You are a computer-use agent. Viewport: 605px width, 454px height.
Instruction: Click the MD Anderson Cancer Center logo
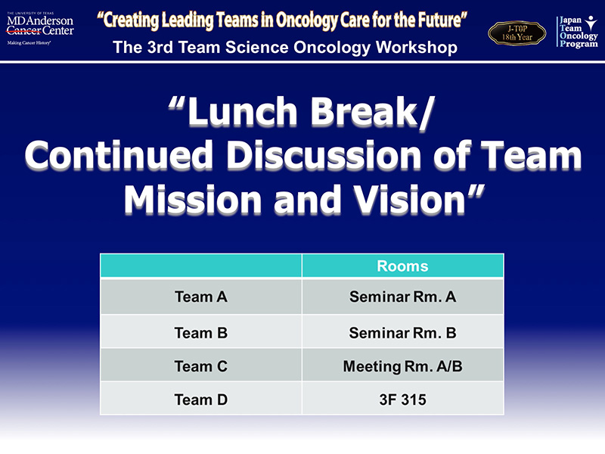pos(40,29)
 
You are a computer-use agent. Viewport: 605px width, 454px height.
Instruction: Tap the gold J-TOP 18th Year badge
pos(517,33)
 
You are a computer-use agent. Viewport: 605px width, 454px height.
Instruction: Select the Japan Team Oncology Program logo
pos(577,32)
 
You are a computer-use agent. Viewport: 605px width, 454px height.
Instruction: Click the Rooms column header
pos(402,266)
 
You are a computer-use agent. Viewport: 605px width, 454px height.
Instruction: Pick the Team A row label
pos(201,297)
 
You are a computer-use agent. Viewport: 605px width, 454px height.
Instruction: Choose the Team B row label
pos(201,333)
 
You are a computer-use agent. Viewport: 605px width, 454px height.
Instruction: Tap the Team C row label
pos(201,366)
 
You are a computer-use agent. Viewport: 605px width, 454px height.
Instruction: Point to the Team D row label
pos(201,400)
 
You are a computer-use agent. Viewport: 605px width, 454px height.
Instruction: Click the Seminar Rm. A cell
pos(403,297)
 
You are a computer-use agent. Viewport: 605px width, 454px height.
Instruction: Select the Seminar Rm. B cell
pos(403,333)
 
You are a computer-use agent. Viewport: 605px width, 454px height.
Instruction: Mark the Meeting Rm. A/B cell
pos(403,366)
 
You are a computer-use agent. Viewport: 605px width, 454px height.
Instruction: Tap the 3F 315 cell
pos(403,400)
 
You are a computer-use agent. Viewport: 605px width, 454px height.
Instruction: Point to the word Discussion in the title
pos(324,155)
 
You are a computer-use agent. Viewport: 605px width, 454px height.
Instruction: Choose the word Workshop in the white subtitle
pos(417,47)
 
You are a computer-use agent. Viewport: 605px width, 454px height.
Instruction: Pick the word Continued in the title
pos(119,155)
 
